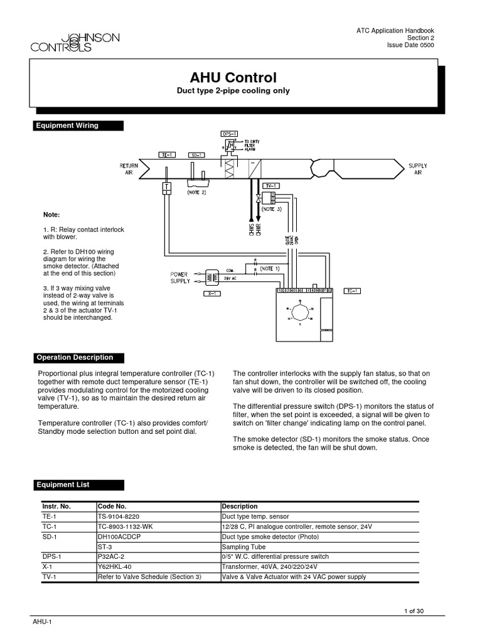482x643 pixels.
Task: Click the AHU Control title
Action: [x=233, y=78]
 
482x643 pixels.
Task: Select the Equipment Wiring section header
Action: [x=78, y=126]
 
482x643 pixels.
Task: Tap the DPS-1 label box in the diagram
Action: [x=230, y=134]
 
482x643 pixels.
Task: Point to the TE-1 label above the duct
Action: [x=168, y=154]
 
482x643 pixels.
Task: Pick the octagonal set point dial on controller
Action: [x=299, y=314]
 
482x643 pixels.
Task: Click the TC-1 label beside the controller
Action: [x=351, y=291]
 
